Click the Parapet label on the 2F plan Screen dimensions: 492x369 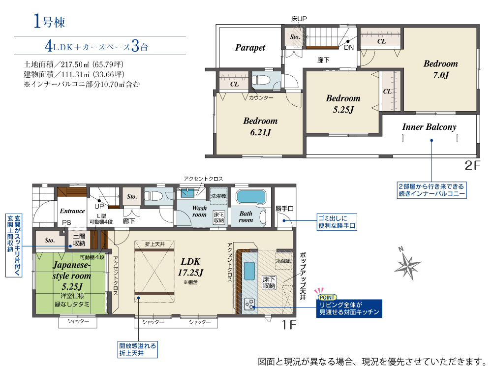pos(250,48)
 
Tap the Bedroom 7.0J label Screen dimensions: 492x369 pos(440,69)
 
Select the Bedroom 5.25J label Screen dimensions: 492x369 pos(343,104)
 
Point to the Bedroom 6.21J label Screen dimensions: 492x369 pos(260,126)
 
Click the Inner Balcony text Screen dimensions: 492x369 pos(429,127)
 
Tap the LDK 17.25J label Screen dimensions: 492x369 pos(190,267)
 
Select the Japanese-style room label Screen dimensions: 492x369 pos(72,270)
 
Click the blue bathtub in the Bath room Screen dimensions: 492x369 pos(251,197)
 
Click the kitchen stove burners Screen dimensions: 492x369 pos(250,304)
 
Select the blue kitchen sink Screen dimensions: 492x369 pos(249,270)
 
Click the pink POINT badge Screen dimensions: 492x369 pos(327,298)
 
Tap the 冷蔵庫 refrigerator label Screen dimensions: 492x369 pos(283,261)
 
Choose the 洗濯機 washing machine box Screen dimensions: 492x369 pos(218,196)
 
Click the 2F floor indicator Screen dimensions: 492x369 pos(472,165)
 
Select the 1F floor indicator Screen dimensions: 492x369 pos(289,324)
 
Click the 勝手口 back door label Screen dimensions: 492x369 pos(284,208)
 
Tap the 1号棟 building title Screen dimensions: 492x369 pos(49,22)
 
